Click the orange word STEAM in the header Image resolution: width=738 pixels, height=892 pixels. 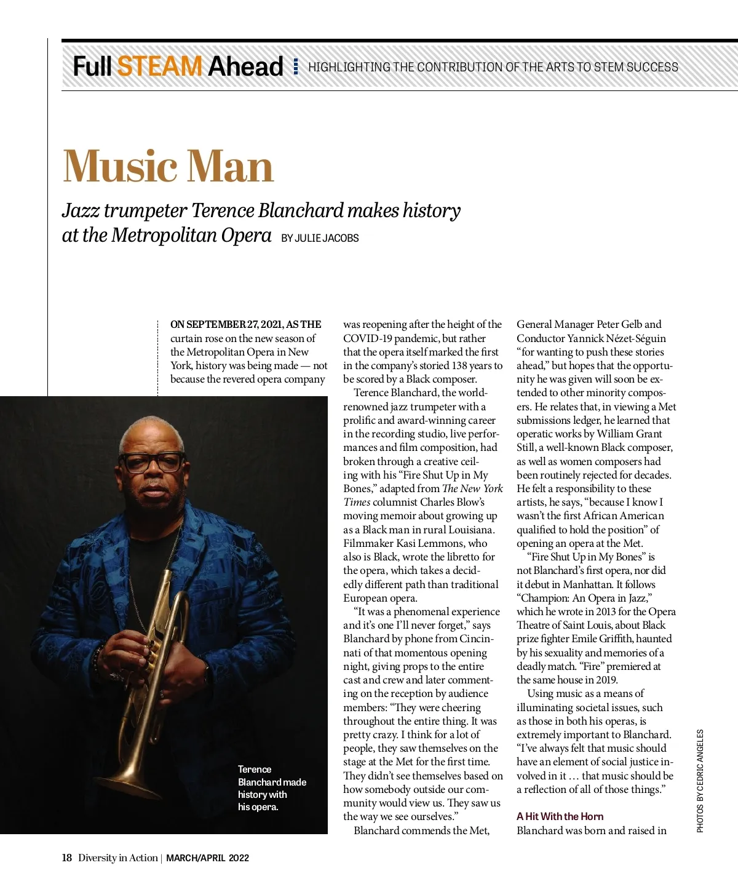pos(159,66)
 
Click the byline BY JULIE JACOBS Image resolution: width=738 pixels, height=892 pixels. pos(320,238)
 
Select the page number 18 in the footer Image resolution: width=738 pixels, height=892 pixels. pos(66,858)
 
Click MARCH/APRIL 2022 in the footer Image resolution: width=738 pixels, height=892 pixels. pos(207,858)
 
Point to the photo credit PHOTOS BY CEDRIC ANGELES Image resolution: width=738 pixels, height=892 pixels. pos(700,781)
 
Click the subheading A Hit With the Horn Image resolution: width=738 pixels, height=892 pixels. pos(560,816)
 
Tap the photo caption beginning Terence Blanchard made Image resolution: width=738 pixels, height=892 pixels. pos(271,787)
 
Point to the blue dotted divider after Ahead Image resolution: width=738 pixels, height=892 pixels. pos(296,66)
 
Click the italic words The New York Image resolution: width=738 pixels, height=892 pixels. pos(472,488)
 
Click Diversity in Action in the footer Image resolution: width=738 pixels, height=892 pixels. pos(117,858)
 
